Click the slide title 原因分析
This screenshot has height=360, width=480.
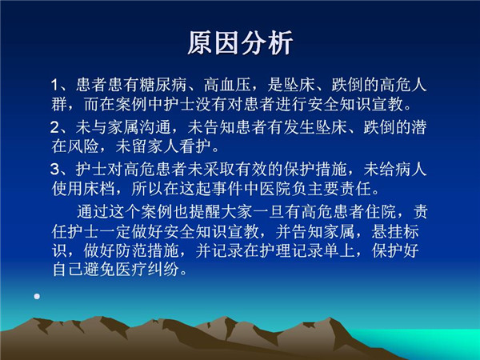pos(240,43)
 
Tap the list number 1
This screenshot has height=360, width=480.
pos(54,85)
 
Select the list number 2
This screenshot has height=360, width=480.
pos(54,127)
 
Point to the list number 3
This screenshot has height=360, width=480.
pos(54,170)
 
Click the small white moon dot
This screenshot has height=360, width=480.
pos(37,296)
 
